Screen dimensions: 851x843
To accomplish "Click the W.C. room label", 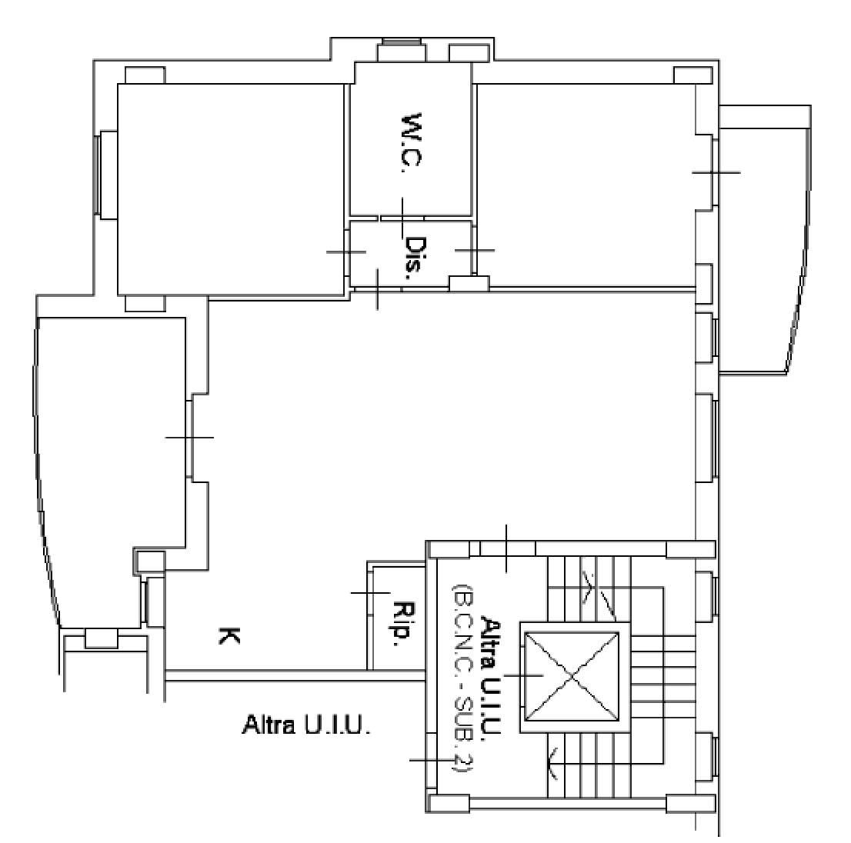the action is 412,143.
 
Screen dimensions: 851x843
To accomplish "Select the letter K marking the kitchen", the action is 229,635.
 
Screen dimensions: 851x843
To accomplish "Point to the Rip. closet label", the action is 402,625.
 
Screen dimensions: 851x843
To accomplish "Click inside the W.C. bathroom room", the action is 411,139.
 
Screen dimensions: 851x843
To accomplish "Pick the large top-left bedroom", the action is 231,190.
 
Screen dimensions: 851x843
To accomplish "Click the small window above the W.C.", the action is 402,50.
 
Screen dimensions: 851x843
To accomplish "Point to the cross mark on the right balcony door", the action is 716,172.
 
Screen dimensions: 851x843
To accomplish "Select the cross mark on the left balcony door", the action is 189,437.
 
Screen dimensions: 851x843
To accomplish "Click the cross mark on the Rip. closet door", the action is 371,592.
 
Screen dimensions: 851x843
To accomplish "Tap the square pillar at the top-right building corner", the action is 692,75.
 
